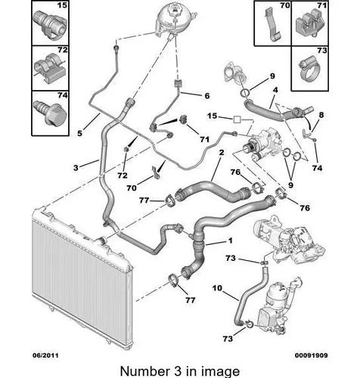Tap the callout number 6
pos(207,96)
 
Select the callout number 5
pos(79,133)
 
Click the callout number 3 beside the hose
pos(76,168)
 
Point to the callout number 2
pos(222,153)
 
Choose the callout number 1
pos(230,240)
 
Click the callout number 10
pos(217,288)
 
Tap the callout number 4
pos(275,90)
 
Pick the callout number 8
pos(321,115)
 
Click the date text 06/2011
pos(45,355)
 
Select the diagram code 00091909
pos(312,355)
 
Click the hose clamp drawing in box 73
pos(310,69)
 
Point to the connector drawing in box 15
pos(50,25)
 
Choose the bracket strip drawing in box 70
pos(272,24)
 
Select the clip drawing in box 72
pos(50,67)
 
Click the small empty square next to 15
pos(237,119)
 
